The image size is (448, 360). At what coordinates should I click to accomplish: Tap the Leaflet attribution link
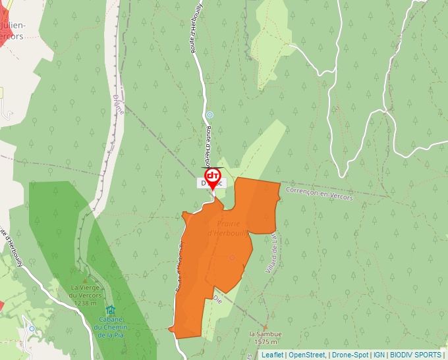pos(272,355)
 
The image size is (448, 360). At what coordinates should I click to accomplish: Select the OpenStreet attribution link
pos(307,355)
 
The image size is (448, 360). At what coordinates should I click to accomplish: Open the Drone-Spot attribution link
pos(350,355)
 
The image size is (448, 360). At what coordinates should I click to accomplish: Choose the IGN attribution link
pos(379,355)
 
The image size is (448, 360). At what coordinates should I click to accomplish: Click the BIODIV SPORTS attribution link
pos(416,355)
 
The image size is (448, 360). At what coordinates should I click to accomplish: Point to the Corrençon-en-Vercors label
pos(320,193)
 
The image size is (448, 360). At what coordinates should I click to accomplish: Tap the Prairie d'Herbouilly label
pos(228,228)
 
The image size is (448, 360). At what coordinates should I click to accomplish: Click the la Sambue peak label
pos(265,338)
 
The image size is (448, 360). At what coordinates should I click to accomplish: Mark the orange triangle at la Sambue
pos(265,326)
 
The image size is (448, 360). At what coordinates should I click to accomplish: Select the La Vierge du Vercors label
pos(86,292)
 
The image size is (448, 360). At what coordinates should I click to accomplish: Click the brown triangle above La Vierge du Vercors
pos(84,280)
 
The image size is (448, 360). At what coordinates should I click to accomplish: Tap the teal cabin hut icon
pos(109,310)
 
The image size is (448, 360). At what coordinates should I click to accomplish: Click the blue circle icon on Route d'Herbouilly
pos(210,115)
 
